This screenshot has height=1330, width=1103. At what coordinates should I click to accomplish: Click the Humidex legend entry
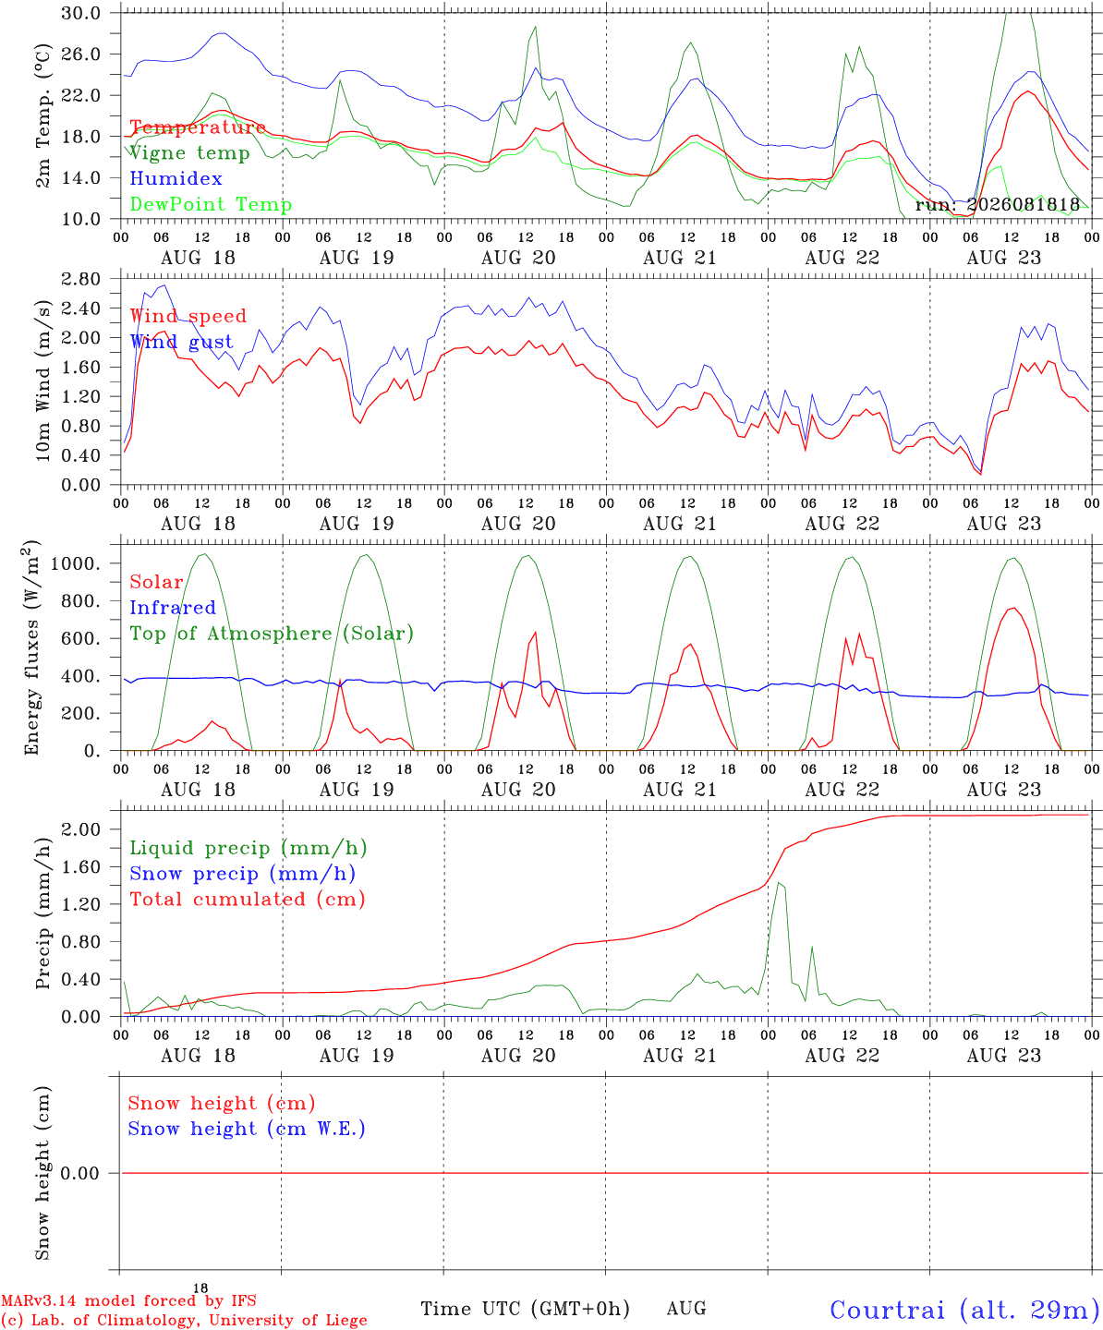(x=176, y=178)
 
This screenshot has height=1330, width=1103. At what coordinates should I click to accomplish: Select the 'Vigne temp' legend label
(x=189, y=153)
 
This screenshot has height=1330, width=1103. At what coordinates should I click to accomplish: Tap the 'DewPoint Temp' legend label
(x=211, y=204)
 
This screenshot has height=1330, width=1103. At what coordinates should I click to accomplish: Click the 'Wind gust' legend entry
(x=182, y=342)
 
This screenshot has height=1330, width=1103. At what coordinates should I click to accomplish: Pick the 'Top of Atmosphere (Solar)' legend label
(x=272, y=634)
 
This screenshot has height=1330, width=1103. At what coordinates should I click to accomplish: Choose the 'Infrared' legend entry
(x=173, y=608)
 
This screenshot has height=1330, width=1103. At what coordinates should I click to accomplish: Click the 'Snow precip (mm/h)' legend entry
(x=242, y=874)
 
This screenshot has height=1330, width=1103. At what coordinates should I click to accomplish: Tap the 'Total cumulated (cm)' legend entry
(x=248, y=899)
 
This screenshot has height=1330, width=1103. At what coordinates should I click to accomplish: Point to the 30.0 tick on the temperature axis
(x=81, y=13)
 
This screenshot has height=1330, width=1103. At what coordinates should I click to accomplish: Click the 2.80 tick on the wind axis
(x=81, y=279)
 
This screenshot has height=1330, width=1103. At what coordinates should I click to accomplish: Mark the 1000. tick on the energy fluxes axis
(x=76, y=563)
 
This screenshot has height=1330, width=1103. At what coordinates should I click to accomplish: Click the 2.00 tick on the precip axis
(x=81, y=829)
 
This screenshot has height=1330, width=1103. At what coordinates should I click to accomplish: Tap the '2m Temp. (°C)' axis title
(x=42, y=115)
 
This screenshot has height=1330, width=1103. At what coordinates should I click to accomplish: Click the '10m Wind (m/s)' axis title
(x=42, y=381)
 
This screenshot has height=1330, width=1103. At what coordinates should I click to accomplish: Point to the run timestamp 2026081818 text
(x=997, y=204)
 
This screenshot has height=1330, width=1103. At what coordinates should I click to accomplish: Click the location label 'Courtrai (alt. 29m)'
(x=964, y=1310)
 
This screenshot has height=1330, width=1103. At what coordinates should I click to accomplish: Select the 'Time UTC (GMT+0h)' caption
(x=525, y=1309)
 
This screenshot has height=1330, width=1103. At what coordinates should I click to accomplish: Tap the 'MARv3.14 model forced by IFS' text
(x=128, y=1300)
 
